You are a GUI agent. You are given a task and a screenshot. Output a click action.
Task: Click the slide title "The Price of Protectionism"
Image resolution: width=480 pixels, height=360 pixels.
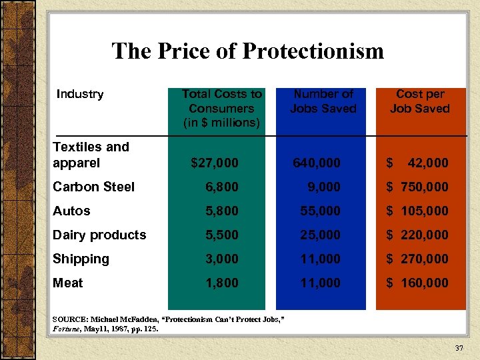click(247, 51)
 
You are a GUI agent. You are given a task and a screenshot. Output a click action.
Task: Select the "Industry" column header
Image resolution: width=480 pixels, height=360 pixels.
click(79, 94)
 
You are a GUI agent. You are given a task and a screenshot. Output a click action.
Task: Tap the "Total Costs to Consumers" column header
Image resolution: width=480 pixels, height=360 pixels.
click(222, 108)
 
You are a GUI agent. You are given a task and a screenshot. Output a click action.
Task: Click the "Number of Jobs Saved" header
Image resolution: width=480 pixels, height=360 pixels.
click(324, 101)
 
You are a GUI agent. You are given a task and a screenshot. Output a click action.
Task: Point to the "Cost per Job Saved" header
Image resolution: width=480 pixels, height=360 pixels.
click(419, 101)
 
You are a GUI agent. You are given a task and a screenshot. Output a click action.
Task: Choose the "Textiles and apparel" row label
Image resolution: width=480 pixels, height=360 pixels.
click(91, 155)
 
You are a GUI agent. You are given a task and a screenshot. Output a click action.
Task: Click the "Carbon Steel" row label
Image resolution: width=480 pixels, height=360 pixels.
click(93, 187)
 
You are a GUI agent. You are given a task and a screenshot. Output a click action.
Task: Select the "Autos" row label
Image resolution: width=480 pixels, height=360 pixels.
click(71, 211)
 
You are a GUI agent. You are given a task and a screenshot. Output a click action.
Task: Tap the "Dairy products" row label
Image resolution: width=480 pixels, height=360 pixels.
click(99, 235)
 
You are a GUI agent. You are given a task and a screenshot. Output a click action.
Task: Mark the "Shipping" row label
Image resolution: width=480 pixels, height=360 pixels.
click(81, 259)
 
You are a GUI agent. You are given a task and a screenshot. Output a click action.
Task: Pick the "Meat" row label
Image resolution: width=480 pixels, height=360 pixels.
click(68, 283)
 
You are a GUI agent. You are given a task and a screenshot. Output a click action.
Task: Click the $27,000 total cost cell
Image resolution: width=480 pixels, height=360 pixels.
click(215, 163)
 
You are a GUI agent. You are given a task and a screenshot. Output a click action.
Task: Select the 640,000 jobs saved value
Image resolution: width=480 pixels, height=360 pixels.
click(317, 163)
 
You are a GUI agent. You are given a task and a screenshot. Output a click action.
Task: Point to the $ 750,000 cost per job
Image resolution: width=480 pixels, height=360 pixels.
click(418, 187)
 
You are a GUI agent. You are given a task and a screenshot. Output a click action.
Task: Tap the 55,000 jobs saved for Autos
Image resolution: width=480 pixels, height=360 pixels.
click(320, 211)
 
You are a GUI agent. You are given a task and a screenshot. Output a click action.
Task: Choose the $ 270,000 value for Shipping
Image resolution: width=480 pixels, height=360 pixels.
click(418, 259)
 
